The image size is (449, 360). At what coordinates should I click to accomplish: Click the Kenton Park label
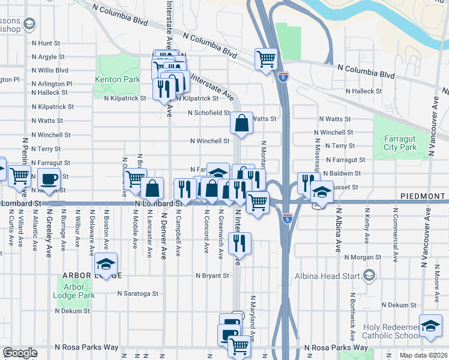click(x=117, y=79)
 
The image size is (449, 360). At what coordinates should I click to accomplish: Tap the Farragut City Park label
click(x=400, y=143)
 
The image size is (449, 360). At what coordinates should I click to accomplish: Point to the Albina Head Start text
click(x=327, y=276)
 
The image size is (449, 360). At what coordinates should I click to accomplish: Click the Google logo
click(x=20, y=353)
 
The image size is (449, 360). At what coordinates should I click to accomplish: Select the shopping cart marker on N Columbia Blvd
click(x=265, y=59)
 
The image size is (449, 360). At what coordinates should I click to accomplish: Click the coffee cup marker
click(x=49, y=178)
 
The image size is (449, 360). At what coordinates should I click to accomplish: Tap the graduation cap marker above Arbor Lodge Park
click(x=106, y=264)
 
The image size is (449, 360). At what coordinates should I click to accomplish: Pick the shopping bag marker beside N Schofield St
click(x=241, y=123)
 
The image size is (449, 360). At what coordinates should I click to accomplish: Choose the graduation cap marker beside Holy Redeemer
click(x=430, y=325)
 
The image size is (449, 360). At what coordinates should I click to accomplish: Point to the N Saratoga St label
click(x=137, y=294)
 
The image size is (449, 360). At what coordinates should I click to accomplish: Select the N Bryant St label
click(x=212, y=276)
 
